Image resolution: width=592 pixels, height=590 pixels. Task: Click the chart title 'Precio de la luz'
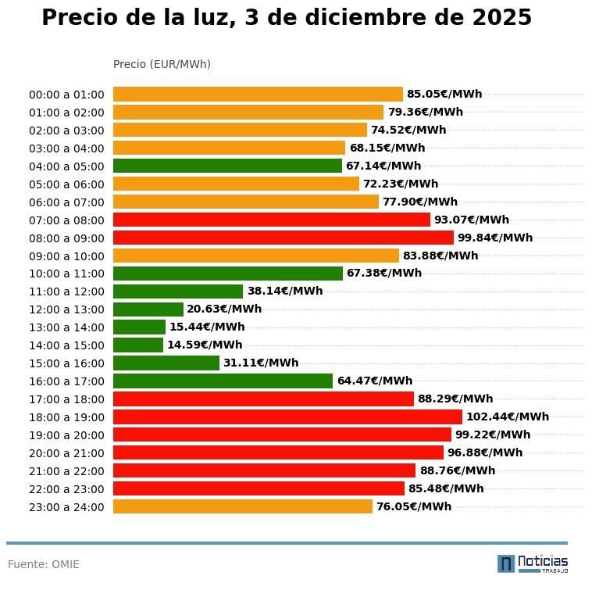pyautogui.click(x=286, y=18)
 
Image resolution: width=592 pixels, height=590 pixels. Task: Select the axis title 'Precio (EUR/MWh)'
pyautogui.click(x=162, y=64)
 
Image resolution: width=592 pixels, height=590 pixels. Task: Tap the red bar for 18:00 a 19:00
pyautogui.click(x=287, y=417)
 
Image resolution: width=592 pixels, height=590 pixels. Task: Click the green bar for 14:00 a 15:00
pyautogui.click(x=138, y=345)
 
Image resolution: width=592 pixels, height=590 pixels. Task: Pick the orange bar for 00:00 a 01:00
pyautogui.click(x=258, y=95)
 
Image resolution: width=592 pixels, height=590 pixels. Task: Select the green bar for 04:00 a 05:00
pyautogui.click(x=227, y=166)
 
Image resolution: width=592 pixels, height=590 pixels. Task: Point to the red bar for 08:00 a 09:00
pyautogui.click(x=283, y=238)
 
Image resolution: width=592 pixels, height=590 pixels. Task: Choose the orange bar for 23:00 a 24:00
pyautogui.click(x=243, y=506)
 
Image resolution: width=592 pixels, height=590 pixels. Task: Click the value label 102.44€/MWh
pyautogui.click(x=507, y=417)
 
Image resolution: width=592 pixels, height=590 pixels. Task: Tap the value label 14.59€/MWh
pyautogui.click(x=204, y=345)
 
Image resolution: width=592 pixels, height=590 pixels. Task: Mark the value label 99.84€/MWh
pyautogui.click(x=494, y=238)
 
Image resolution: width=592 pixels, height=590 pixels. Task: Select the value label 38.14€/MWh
pyautogui.click(x=284, y=291)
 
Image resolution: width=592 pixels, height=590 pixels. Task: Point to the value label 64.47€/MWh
pyautogui.click(x=374, y=381)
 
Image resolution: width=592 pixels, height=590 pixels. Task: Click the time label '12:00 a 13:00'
pyautogui.click(x=66, y=309)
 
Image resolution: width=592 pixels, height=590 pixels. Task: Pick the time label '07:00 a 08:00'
pyautogui.click(x=66, y=220)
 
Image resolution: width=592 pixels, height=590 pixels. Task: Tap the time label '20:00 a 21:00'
pyautogui.click(x=66, y=453)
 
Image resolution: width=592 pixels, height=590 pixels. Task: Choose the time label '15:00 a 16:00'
pyautogui.click(x=66, y=363)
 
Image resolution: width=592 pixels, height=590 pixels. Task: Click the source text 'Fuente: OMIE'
pyautogui.click(x=44, y=564)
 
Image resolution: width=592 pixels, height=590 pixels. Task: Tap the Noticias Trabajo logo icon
pyautogui.click(x=505, y=563)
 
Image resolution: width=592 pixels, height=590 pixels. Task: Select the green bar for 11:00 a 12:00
pyautogui.click(x=178, y=291)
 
